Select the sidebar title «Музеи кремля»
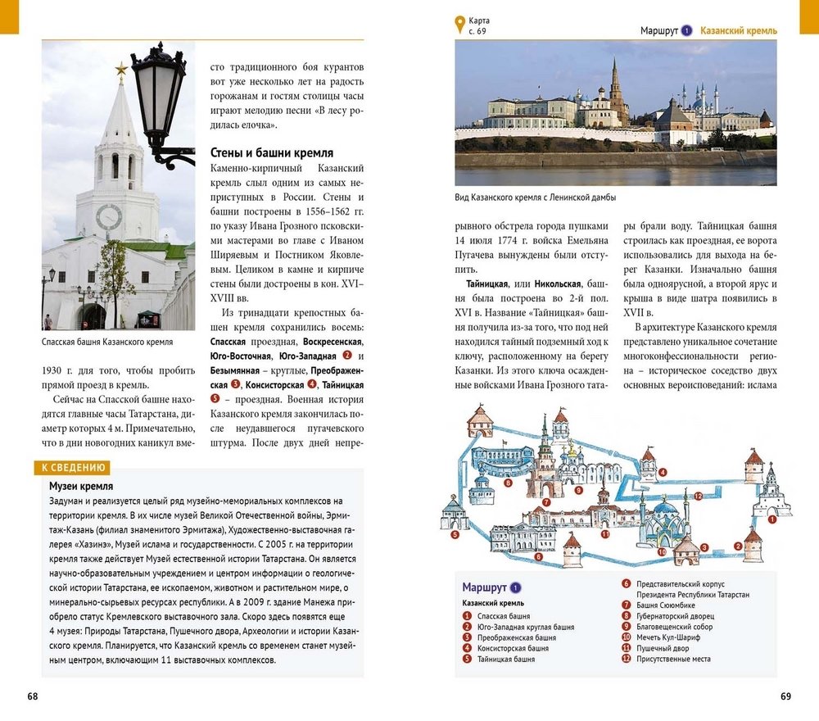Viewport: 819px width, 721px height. click(x=81, y=487)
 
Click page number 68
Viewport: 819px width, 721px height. click(x=32, y=696)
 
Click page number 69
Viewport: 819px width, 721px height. click(x=785, y=696)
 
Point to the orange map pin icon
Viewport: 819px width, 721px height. click(x=459, y=25)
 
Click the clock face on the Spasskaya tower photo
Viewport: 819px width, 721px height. click(x=108, y=217)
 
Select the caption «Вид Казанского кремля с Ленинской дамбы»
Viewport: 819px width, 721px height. click(x=535, y=197)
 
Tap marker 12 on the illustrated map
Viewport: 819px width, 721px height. click(x=698, y=496)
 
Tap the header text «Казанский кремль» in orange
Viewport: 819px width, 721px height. click(x=740, y=31)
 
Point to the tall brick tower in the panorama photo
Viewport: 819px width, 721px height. click(x=617, y=94)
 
